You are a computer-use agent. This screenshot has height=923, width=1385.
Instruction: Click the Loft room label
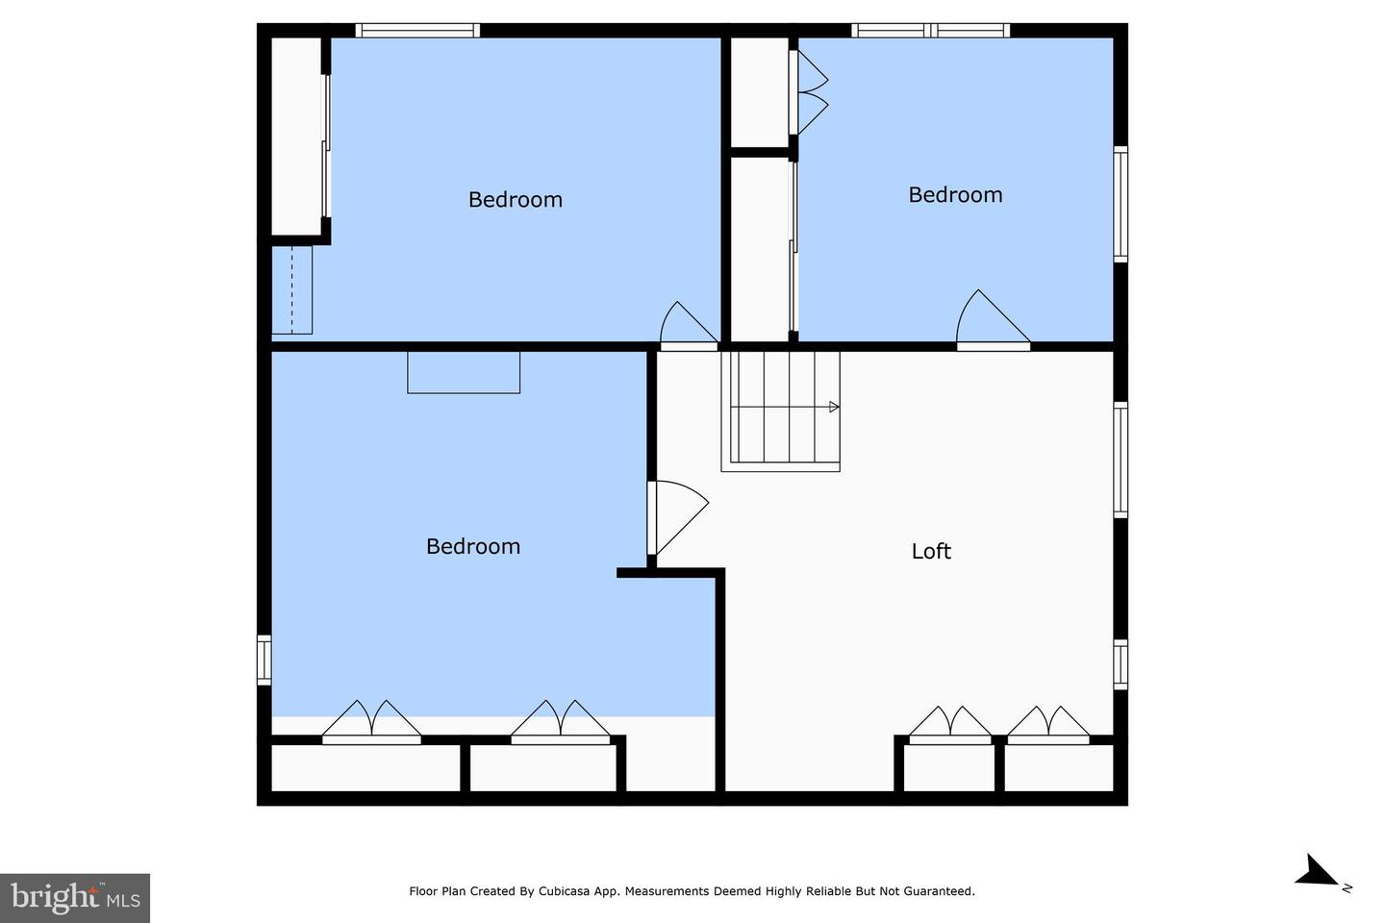click(x=931, y=551)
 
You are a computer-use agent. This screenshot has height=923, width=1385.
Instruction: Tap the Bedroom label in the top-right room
click(x=955, y=195)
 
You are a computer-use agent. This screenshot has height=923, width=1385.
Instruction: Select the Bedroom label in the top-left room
click(x=516, y=199)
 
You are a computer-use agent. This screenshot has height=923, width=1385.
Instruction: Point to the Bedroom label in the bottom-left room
click(x=473, y=546)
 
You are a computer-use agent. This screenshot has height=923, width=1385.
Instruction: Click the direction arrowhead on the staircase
click(x=834, y=407)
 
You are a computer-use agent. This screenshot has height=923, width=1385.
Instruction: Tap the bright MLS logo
click(x=75, y=898)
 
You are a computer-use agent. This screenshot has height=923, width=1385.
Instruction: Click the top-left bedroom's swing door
click(x=689, y=325)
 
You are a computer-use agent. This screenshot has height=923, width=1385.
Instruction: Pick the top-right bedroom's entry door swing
click(x=993, y=318)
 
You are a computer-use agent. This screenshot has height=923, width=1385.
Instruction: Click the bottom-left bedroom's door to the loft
click(x=677, y=517)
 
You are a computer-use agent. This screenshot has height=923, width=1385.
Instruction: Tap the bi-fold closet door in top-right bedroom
click(x=808, y=92)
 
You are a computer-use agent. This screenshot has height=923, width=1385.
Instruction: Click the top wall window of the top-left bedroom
click(x=417, y=31)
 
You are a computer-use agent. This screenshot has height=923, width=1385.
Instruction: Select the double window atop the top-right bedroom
click(x=931, y=31)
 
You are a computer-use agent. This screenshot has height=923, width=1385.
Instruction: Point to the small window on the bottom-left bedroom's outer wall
click(x=264, y=660)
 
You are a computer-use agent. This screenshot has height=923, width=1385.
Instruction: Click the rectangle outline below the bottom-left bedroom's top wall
click(x=464, y=372)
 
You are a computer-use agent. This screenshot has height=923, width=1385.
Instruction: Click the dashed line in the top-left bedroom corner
click(x=291, y=290)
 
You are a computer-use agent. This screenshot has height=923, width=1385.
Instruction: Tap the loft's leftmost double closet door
click(x=949, y=725)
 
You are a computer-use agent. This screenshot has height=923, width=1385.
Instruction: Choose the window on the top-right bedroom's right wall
click(x=1121, y=204)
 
